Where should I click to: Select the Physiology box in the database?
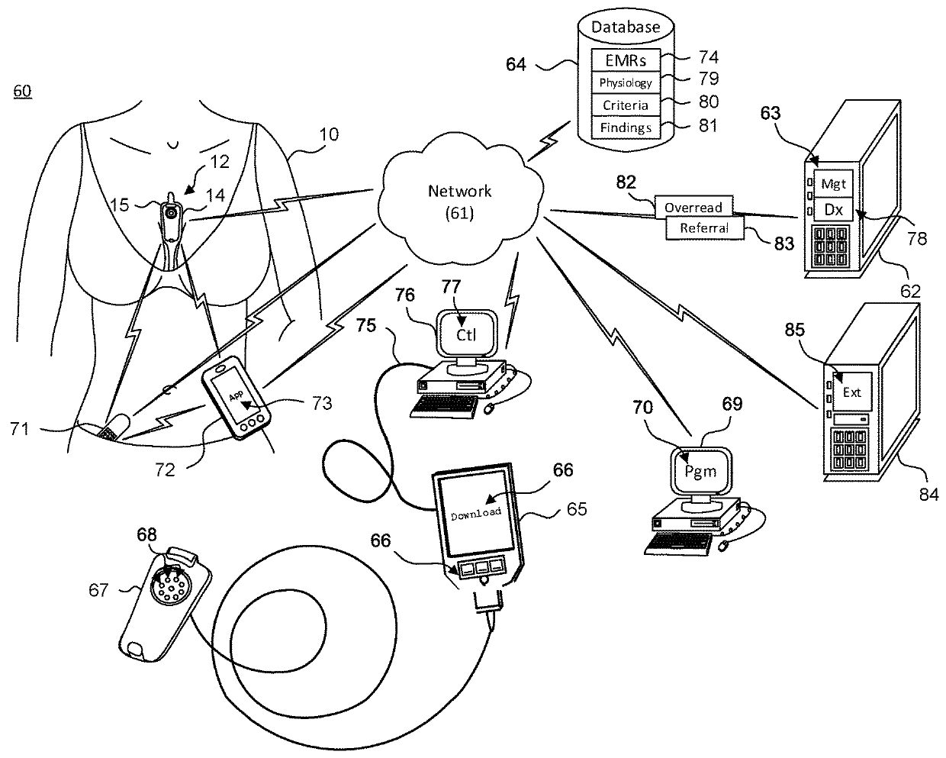[x=626, y=82]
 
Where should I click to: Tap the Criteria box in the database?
[x=626, y=105]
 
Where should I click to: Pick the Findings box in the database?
[x=626, y=127]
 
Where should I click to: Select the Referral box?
[x=704, y=227]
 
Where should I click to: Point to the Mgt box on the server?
[x=833, y=184]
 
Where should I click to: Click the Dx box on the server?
[x=833, y=207]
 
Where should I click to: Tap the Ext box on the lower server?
[x=851, y=392]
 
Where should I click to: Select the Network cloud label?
[x=459, y=201]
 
